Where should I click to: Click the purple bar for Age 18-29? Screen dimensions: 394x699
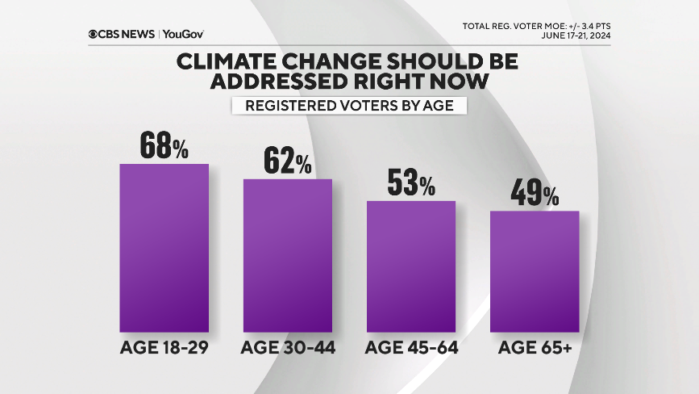click(164, 248)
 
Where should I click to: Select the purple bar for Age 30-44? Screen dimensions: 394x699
click(288, 255)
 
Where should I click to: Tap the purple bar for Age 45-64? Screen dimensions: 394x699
click(411, 266)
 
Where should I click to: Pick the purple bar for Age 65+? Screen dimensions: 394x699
click(535, 271)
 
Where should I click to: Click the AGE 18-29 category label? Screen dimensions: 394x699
click(164, 348)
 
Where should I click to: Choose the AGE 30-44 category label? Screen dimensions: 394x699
click(288, 348)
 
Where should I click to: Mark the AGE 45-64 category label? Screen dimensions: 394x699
click(411, 348)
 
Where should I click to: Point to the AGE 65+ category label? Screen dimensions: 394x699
click(535, 348)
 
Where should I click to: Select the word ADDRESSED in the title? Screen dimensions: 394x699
click(272, 82)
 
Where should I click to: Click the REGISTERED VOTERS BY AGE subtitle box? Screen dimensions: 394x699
click(349, 107)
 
